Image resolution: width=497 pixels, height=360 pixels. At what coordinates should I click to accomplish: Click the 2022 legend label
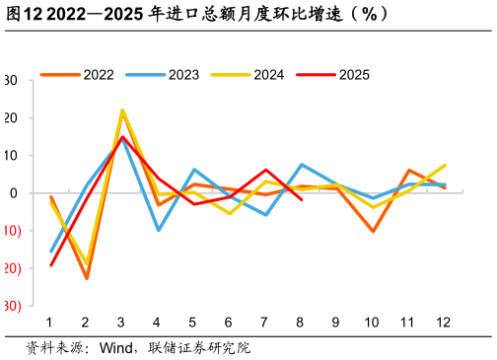(99, 75)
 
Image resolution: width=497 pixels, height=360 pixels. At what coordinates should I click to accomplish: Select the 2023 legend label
(183, 75)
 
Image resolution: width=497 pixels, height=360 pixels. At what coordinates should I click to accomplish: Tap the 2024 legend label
(269, 75)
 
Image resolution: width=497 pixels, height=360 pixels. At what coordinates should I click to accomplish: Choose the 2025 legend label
(354, 75)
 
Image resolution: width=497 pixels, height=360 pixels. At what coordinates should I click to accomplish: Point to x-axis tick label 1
(49, 323)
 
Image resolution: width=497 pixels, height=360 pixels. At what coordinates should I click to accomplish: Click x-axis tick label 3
(121, 323)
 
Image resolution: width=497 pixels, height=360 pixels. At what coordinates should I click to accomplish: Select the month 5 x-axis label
(193, 323)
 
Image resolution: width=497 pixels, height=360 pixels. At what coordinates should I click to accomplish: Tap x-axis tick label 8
(301, 323)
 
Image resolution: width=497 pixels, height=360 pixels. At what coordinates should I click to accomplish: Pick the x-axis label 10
(373, 323)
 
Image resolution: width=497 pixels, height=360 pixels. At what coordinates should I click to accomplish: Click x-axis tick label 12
(445, 323)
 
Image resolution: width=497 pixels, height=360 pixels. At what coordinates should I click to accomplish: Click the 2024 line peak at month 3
(122, 110)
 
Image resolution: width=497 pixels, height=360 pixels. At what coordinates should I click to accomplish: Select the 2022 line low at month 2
(86, 278)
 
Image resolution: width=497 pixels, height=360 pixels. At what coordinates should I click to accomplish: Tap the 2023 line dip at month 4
(158, 230)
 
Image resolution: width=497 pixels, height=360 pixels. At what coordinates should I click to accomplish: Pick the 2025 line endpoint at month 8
(301, 199)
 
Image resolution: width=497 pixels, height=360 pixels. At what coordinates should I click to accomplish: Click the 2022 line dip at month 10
(373, 232)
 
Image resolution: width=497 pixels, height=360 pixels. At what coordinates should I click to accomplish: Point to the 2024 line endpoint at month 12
(445, 166)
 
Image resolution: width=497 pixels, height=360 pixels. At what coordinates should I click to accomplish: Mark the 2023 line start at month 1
(50, 252)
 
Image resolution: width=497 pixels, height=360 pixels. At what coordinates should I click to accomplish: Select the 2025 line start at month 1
(50, 264)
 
